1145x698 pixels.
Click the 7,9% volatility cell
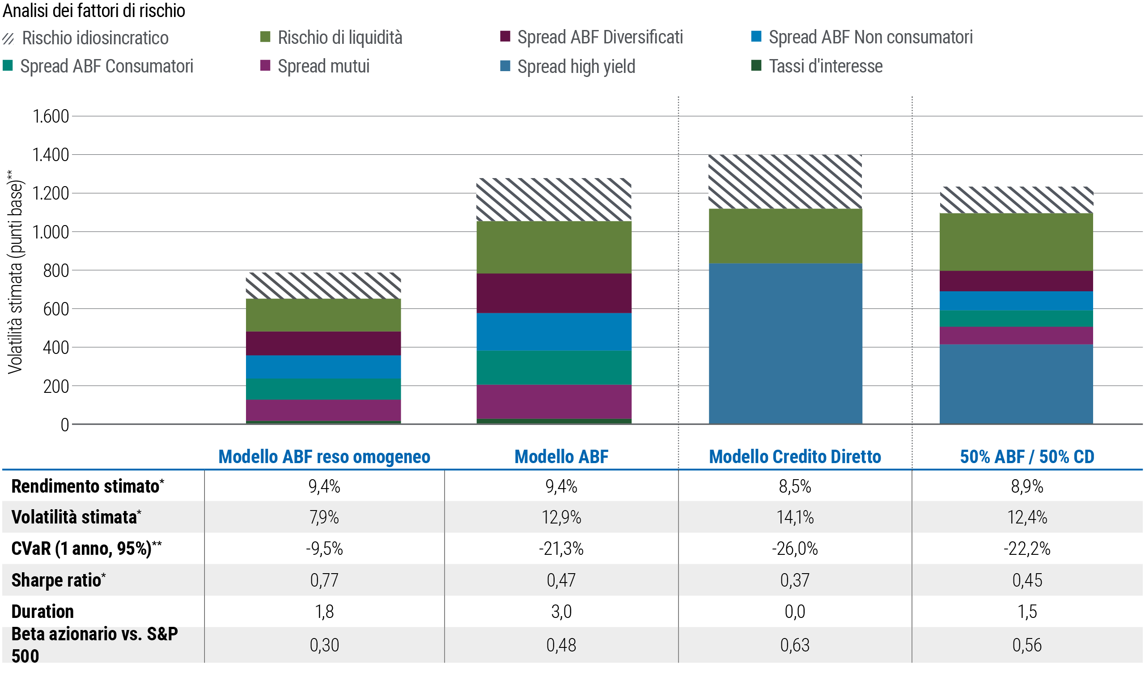coord(324,517)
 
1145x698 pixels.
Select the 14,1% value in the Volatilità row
coord(795,517)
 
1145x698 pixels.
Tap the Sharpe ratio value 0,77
coord(324,580)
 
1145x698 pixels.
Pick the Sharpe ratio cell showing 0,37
coord(795,580)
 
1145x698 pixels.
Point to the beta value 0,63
coord(795,645)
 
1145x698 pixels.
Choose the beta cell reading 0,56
coord(1027,645)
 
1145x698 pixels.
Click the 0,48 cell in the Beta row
coord(561,645)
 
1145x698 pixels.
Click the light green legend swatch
coord(270,36)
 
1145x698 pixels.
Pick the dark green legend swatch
coord(762,65)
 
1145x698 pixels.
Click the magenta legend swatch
coord(270,64)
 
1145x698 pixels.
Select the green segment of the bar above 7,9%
coord(360,315)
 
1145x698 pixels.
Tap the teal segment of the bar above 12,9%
coord(577,367)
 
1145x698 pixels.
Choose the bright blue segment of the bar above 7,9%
coord(360,366)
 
